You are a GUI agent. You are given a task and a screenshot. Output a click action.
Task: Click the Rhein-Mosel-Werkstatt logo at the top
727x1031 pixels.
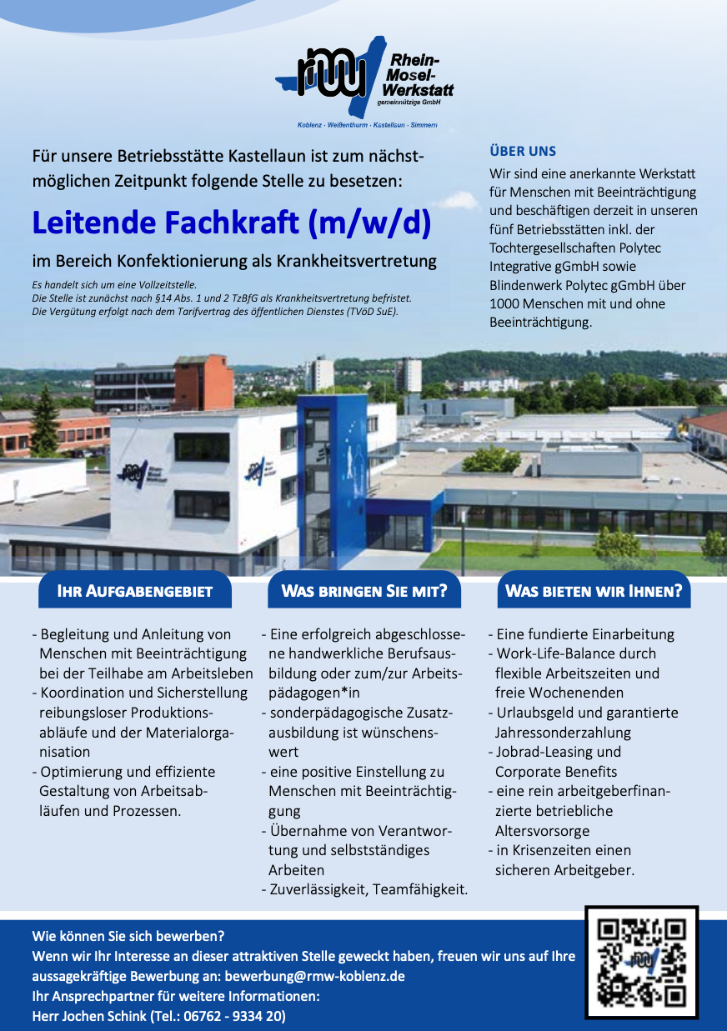pyautogui.click(x=365, y=81)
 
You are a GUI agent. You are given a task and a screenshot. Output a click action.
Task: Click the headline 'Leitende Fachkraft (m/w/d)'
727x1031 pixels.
pyautogui.click(x=231, y=223)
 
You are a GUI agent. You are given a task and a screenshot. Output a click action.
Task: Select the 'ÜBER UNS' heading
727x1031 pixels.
pyautogui.click(x=523, y=152)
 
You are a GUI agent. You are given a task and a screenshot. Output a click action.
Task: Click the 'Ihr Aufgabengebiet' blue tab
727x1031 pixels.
pyautogui.click(x=134, y=592)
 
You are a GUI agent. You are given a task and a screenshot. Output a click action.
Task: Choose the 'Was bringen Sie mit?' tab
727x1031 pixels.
pyautogui.click(x=364, y=592)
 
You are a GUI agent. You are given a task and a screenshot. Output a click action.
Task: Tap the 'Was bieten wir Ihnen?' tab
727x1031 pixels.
pyautogui.click(x=594, y=592)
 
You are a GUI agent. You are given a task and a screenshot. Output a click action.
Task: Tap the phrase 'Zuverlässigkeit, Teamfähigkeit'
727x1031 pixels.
pyautogui.click(x=368, y=890)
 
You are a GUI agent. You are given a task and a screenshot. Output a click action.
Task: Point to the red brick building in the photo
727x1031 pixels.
pyautogui.click(x=203, y=381)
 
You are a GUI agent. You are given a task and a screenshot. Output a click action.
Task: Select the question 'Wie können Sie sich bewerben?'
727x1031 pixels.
pyautogui.click(x=128, y=936)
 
